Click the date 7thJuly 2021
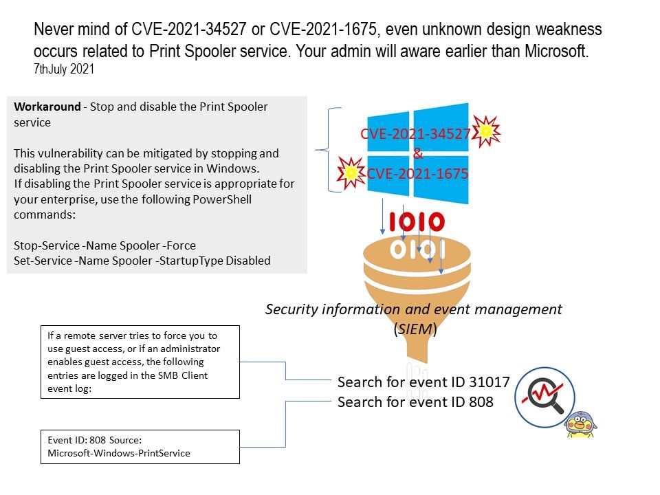[x=63, y=69]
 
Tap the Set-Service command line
[x=142, y=261]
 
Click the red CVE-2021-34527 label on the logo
[x=415, y=134]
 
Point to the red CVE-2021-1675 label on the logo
[x=417, y=175]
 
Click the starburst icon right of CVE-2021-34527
[x=487, y=131]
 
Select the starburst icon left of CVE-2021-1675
[x=351, y=174]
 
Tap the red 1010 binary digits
[x=417, y=222]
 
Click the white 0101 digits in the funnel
[x=417, y=250]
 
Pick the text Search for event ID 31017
[x=423, y=382]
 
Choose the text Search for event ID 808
[x=415, y=402]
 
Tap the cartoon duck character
[x=581, y=423]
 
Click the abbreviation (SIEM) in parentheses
[x=415, y=329]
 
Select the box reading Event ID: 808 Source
[x=140, y=446]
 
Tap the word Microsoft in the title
[x=549, y=52]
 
